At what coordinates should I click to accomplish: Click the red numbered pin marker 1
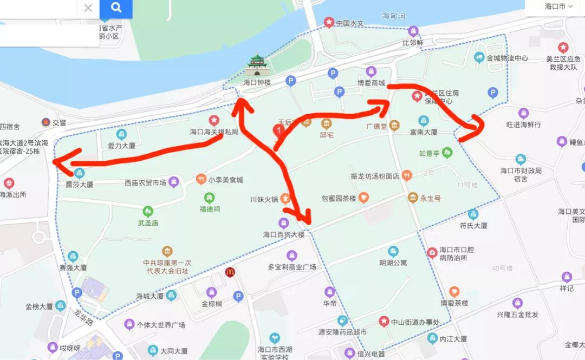(278, 130)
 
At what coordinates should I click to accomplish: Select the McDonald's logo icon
(230, 272)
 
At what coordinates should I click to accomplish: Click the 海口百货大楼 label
(284, 235)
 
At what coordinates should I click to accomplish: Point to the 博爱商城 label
(371, 83)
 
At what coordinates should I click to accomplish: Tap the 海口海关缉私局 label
(214, 132)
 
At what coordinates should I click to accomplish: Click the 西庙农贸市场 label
(145, 183)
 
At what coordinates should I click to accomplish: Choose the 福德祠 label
(210, 209)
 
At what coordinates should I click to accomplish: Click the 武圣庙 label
(147, 223)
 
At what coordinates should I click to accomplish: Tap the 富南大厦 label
(424, 132)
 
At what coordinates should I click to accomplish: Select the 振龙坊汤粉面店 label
(375, 176)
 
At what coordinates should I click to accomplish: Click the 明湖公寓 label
(393, 263)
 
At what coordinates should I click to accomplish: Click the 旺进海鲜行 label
(523, 125)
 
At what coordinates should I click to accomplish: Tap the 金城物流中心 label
(507, 58)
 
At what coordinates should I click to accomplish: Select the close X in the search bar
(88, 8)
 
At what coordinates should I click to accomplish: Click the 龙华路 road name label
(84, 316)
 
